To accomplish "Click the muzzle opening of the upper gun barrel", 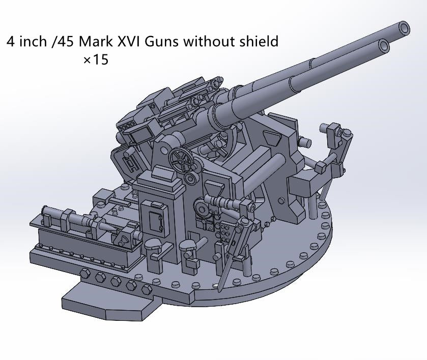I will [x=404, y=28].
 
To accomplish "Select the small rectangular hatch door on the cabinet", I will [x=153, y=215].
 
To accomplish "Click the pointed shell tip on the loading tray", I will [x=123, y=238].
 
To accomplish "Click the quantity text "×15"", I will [x=96, y=59].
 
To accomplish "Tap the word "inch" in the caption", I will [x=33, y=41].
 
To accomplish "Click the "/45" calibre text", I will [x=63, y=41].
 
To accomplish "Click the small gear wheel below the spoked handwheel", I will [x=192, y=177].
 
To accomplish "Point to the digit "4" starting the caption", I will [x=11, y=41].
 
